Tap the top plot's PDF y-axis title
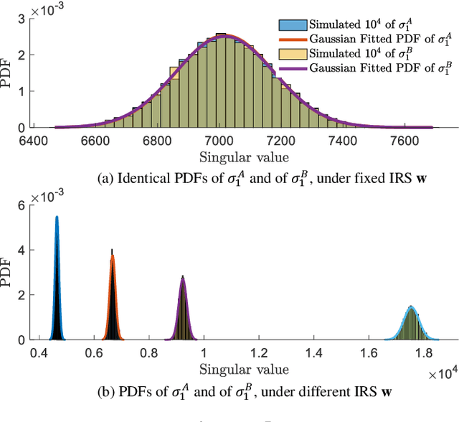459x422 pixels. pos(9,72)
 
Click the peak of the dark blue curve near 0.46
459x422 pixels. pos(57,217)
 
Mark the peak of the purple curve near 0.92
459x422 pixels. pos(183,278)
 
